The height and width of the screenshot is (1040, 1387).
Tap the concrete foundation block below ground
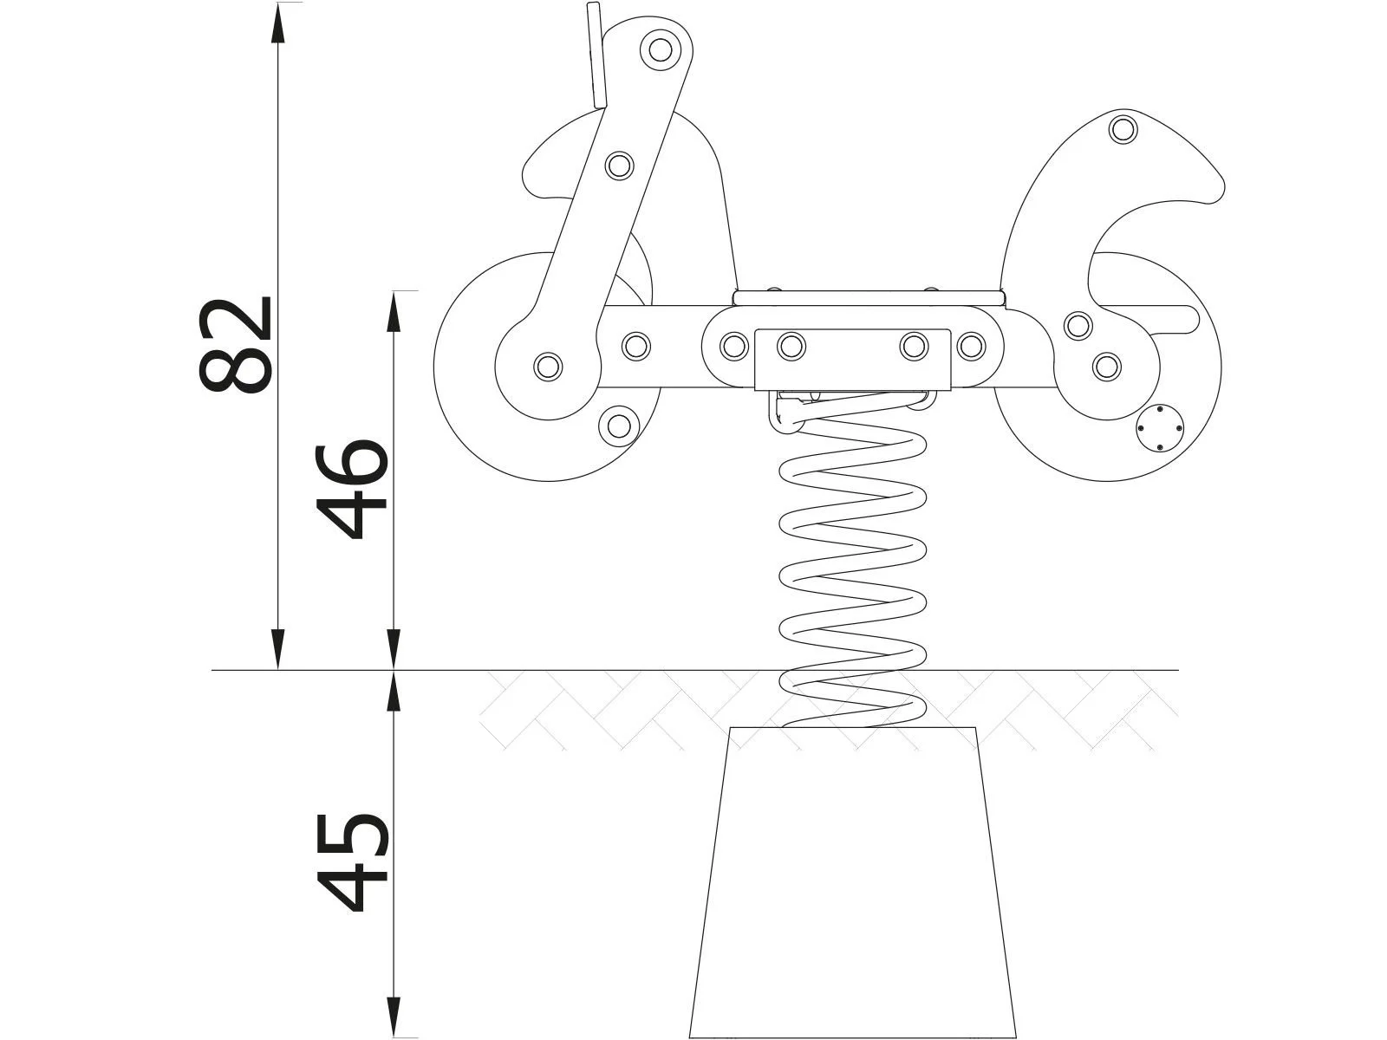click(853, 884)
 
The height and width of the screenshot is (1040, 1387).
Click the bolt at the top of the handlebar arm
click(661, 49)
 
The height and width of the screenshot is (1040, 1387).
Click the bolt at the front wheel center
click(548, 366)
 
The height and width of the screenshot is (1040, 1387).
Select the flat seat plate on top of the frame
click(869, 297)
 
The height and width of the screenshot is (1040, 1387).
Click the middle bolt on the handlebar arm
click(619, 165)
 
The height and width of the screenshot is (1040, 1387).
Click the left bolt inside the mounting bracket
click(791, 347)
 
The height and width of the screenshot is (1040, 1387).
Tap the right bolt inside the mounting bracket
click(914, 347)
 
